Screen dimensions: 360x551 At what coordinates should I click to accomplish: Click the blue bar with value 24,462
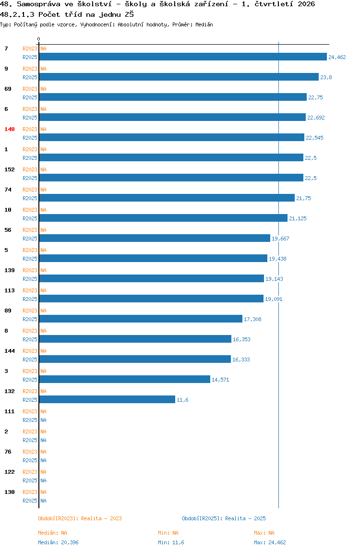[183, 57]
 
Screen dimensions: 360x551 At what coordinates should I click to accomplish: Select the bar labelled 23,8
[179, 77]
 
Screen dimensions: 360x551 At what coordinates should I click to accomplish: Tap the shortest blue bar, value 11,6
[107, 399]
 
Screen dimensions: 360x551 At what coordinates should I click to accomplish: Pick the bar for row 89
[141, 319]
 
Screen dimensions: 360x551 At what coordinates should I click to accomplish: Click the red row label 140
[10, 129]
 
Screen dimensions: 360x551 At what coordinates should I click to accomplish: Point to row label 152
[10, 169]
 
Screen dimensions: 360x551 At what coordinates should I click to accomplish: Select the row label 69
[8, 89]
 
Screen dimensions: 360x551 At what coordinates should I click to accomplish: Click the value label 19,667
[280, 239]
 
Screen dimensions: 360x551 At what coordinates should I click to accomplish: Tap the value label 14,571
[220, 380]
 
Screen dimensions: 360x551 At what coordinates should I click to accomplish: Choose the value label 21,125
[298, 218]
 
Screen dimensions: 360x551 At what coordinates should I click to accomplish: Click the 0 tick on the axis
[39, 39]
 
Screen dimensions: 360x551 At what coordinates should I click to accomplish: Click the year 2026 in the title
[306, 4]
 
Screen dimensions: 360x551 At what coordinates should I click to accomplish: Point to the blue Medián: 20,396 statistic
[59, 542]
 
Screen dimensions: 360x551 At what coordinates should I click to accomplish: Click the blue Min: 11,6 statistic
[171, 542]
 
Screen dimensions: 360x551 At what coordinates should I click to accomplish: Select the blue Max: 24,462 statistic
[270, 542]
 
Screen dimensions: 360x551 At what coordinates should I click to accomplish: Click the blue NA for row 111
[43, 420]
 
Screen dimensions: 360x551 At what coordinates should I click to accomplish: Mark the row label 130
[10, 492]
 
